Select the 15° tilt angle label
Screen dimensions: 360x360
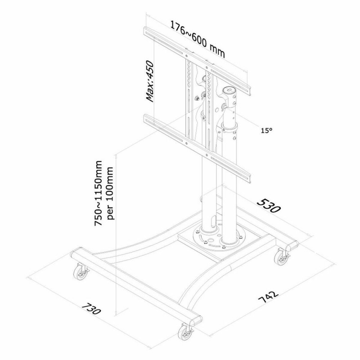(x=266, y=130)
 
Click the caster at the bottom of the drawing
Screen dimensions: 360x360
(x=185, y=332)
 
